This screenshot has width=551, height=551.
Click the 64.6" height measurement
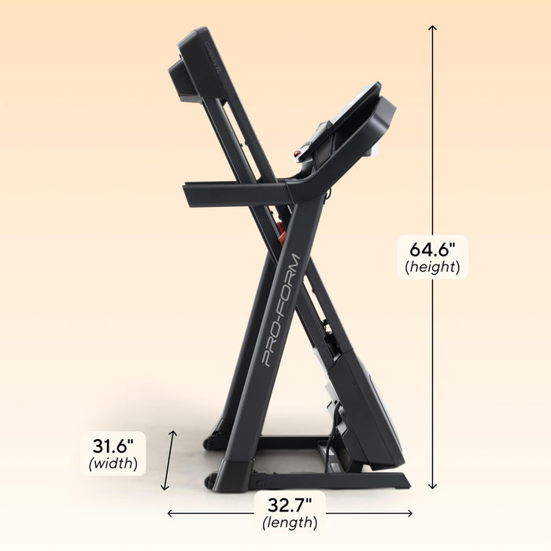(432, 250)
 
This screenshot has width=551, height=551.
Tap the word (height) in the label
(432, 267)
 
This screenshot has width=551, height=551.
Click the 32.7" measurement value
(289, 504)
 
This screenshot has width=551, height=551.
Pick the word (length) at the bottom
(289, 521)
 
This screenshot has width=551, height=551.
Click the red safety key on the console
(298, 153)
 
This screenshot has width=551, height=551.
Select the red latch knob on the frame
(279, 230)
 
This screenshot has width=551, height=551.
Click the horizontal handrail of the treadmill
(236, 191)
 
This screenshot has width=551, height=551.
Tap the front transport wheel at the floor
(210, 481)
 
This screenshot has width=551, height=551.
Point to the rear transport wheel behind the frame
(209, 444)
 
